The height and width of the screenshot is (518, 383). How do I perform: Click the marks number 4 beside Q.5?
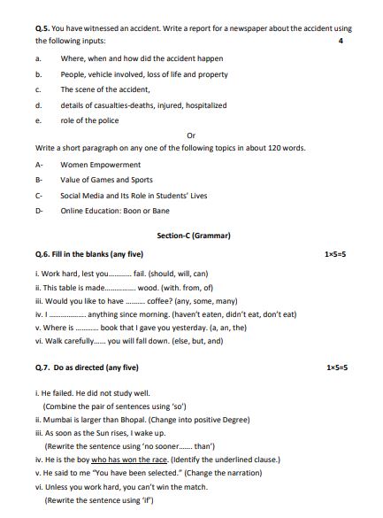point(341,42)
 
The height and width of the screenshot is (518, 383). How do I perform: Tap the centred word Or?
point(191,135)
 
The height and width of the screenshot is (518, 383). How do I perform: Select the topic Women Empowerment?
point(100,165)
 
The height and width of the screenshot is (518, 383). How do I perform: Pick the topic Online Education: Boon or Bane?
point(114,211)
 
